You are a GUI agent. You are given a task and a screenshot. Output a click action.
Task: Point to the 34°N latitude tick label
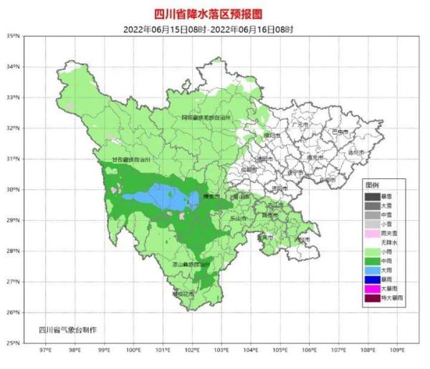pos(13,67)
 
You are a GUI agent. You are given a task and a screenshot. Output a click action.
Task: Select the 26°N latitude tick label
pos(13,312)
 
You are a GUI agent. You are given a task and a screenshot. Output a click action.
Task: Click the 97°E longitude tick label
pos(44,352)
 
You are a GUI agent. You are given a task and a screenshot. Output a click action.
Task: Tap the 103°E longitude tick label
pos(221,352)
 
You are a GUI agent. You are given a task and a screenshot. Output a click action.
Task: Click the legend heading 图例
pos(371,185)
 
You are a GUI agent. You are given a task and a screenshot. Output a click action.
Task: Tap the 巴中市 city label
pos(340,132)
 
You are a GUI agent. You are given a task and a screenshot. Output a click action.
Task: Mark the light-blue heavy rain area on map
pos(159,196)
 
